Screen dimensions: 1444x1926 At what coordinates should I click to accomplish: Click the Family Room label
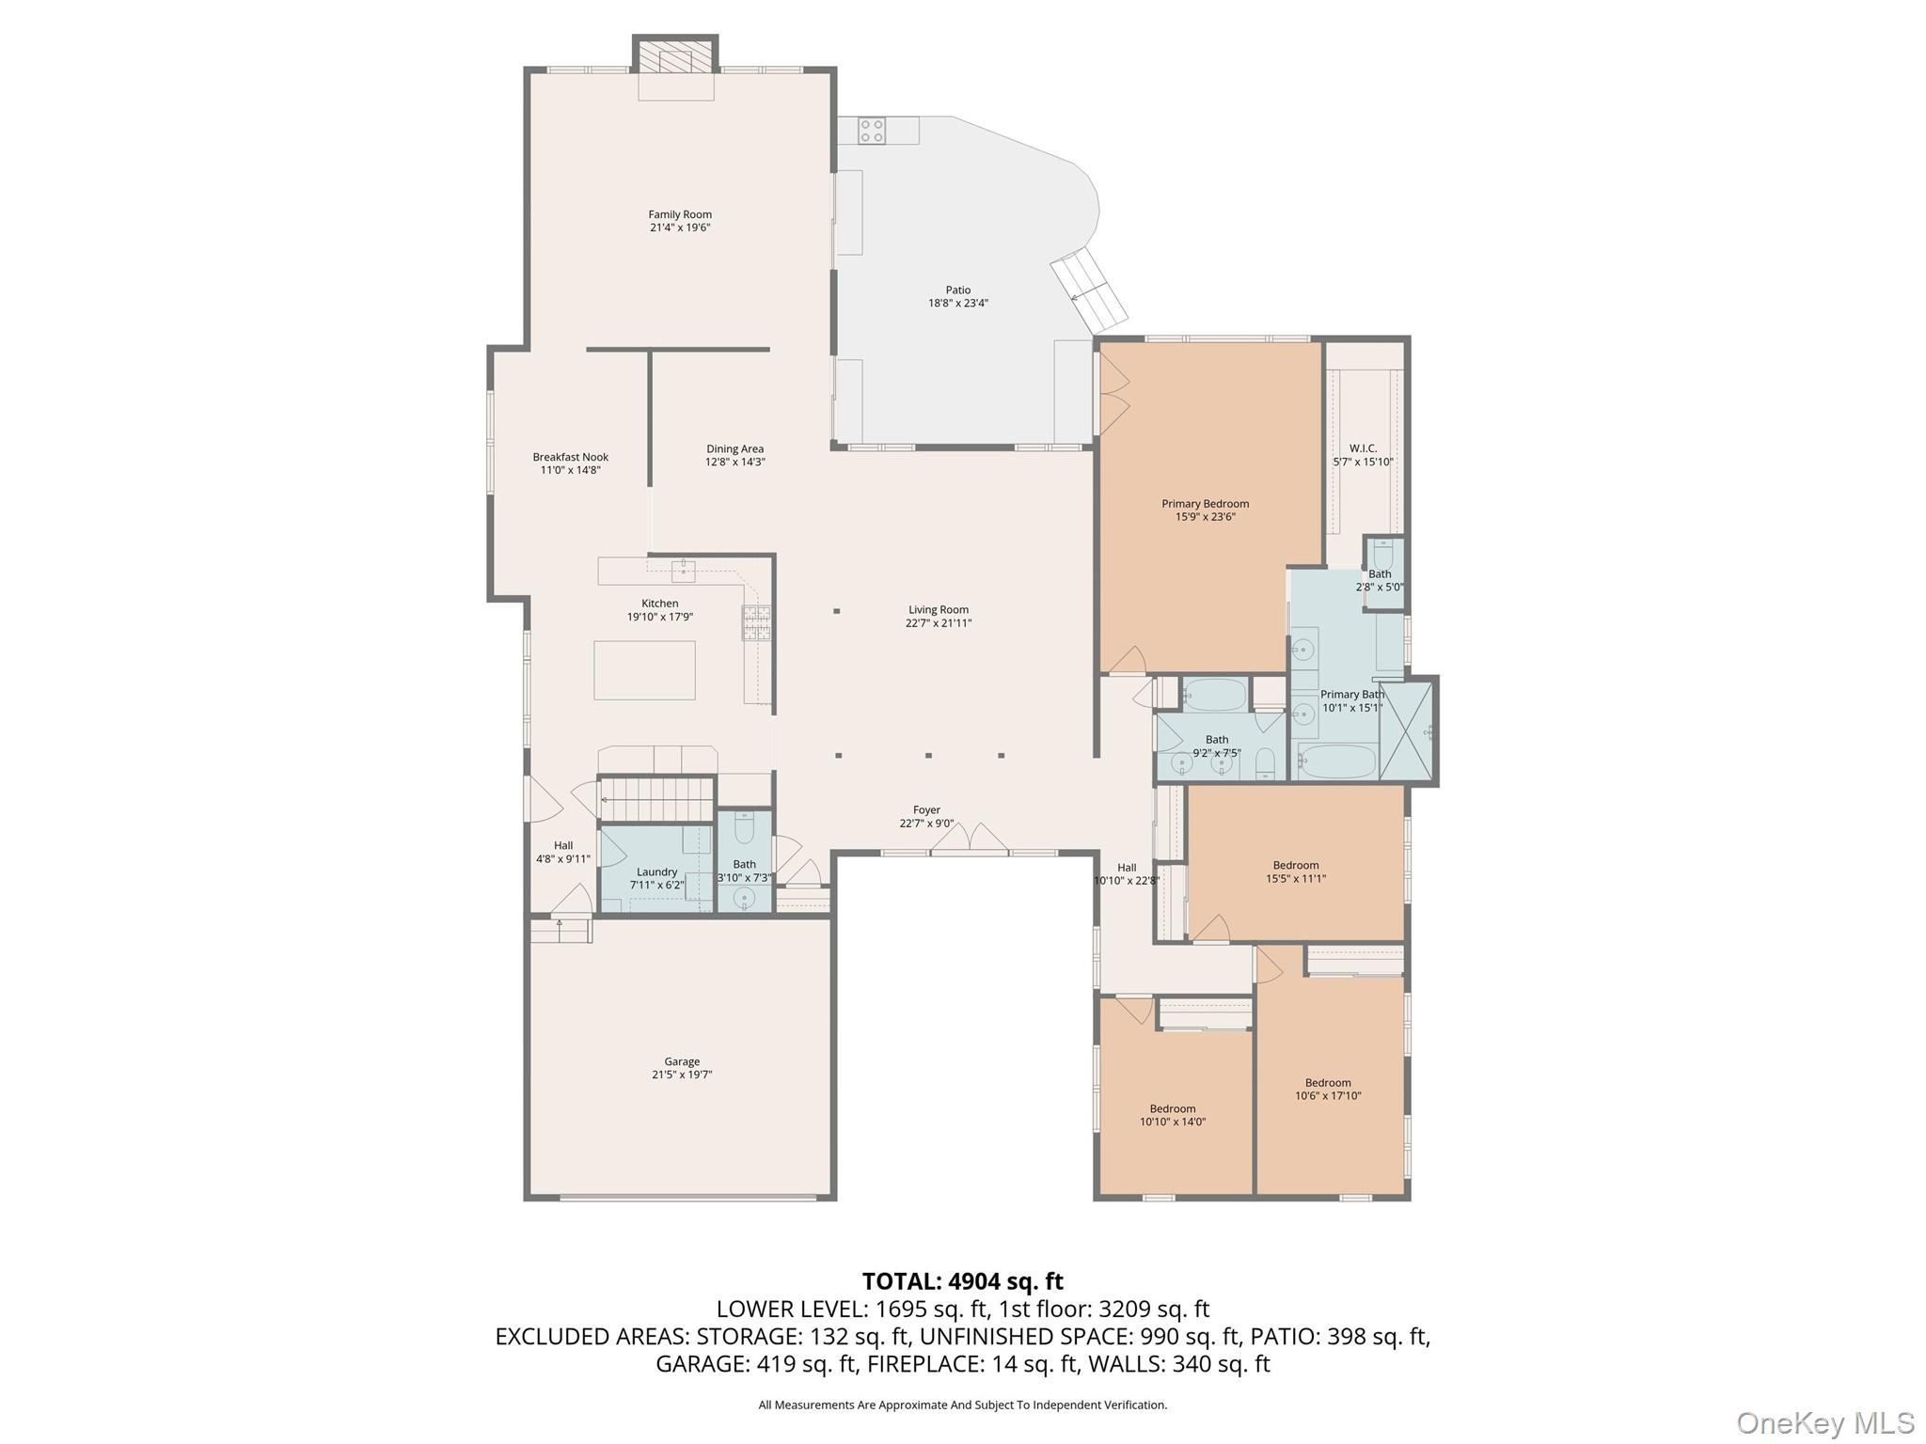tap(679, 214)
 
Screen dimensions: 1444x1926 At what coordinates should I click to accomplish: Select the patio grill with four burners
tap(871, 130)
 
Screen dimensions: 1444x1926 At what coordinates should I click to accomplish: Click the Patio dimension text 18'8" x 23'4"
tap(957, 303)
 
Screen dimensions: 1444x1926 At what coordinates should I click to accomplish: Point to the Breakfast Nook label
tap(570, 457)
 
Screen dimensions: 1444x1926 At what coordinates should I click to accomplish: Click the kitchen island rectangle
tap(644, 670)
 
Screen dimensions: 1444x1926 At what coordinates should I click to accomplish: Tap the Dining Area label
tap(734, 448)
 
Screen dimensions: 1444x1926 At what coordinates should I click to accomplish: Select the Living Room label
tap(938, 609)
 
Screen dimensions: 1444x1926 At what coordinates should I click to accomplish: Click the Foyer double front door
tap(970, 840)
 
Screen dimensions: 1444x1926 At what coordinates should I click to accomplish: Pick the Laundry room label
tap(655, 871)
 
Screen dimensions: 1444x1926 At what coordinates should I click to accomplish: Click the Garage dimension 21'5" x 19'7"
tap(681, 1075)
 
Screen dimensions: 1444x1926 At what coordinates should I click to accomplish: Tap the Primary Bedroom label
tap(1205, 504)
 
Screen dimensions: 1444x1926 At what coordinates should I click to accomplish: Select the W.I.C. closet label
tap(1362, 448)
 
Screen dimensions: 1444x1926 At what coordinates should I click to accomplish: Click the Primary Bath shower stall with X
tap(1406, 731)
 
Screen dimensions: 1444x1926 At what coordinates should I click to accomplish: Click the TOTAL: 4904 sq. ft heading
tap(962, 1281)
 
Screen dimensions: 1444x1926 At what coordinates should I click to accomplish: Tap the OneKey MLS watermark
tap(1824, 1422)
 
